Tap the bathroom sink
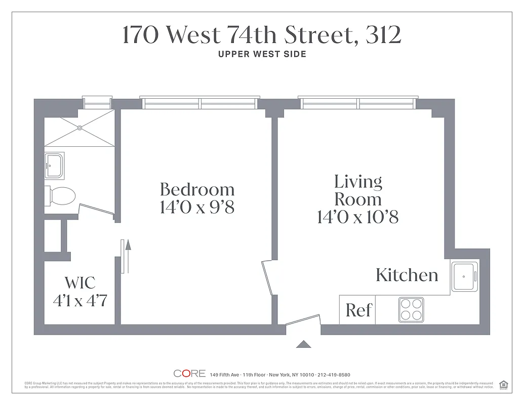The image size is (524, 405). tap(54, 166)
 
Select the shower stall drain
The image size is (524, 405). tap(79, 128)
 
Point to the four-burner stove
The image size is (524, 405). tap(411, 309)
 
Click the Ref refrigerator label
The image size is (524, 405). tap(358, 310)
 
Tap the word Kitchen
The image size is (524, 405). tap(407, 275)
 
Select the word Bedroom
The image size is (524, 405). tap(197, 189)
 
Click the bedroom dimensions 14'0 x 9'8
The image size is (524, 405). tap(197, 207)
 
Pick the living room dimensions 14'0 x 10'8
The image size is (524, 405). tap(357, 217)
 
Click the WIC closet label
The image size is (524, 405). tap(80, 282)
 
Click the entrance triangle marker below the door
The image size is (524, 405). tap(303, 344)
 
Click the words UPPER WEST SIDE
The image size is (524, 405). tap(262, 54)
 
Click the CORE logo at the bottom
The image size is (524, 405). tap(189, 374)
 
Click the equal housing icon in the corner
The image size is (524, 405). tap(503, 384)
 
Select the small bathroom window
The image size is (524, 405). tap(97, 103)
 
